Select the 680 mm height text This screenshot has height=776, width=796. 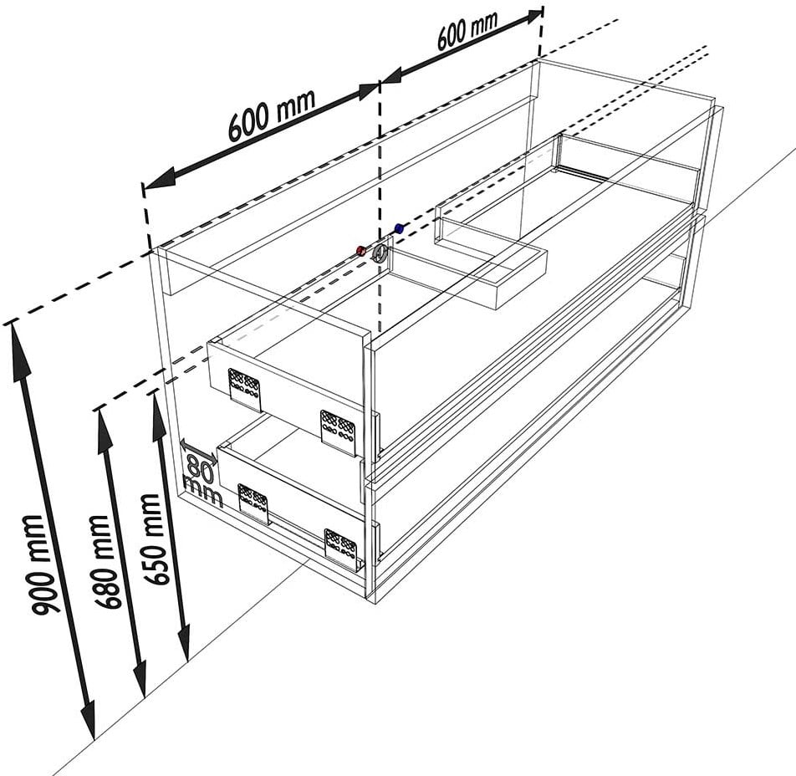pos(107,562)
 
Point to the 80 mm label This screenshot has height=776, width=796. pos(202,479)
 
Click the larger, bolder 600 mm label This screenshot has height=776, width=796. pos(272,115)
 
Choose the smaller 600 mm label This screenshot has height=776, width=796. pos(467,29)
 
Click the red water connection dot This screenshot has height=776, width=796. pos(361,250)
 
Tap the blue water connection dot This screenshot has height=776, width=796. pos(399,227)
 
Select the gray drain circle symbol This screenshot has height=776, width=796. pos(380,253)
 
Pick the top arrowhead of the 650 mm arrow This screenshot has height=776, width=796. pos(159,416)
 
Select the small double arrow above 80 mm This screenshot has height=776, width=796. pos(198,452)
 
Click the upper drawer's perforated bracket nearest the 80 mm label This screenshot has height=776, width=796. pos(245,386)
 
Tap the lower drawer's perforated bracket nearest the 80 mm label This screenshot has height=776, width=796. pos(253,502)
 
